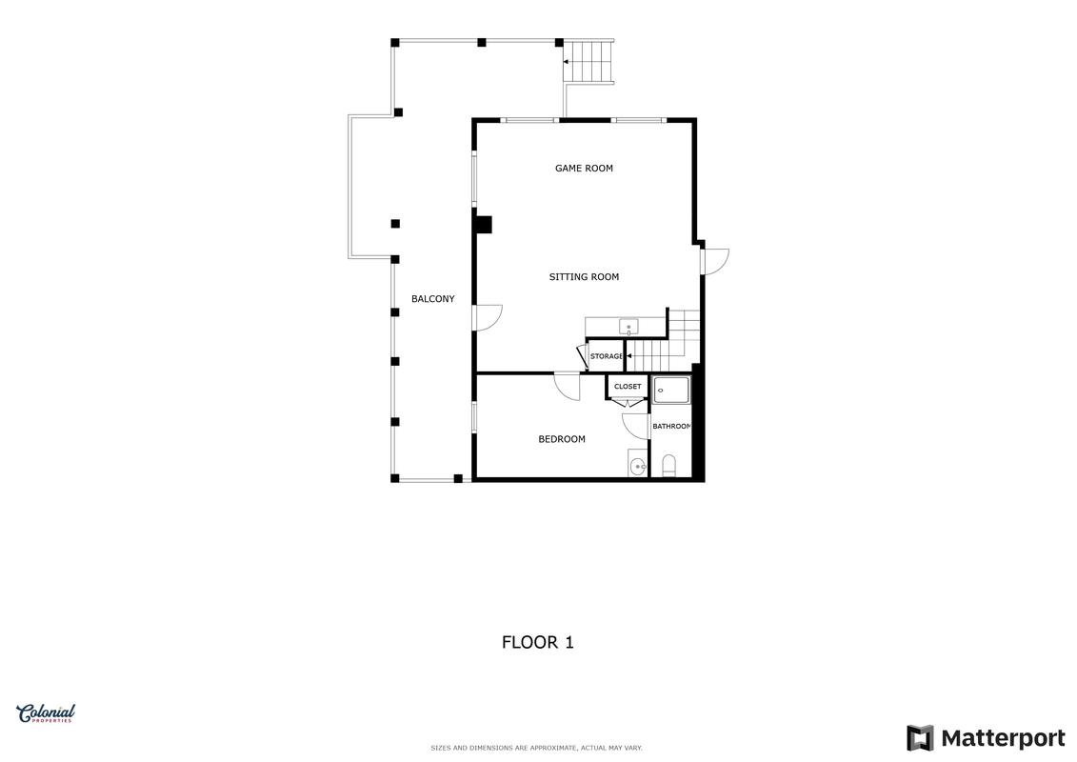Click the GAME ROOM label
(584, 169)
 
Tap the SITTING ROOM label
(584, 277)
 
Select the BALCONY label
(432, 299)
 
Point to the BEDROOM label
(562, 439)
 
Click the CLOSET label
(628, 387)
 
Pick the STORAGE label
(607, 356)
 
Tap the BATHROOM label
(671, 427)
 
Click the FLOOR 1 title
(538, 642)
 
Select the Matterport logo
(986, 738)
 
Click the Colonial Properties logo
(46, 713)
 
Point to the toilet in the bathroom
(669, 466)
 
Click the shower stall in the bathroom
(671, 391)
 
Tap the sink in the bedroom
(638, 464)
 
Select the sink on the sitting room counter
(628, 327)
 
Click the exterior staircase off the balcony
(588, 61)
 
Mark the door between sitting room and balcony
(488, 317)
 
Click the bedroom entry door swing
(568, 386)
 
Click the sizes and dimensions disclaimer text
(536, 748)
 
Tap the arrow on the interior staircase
(629, 356)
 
